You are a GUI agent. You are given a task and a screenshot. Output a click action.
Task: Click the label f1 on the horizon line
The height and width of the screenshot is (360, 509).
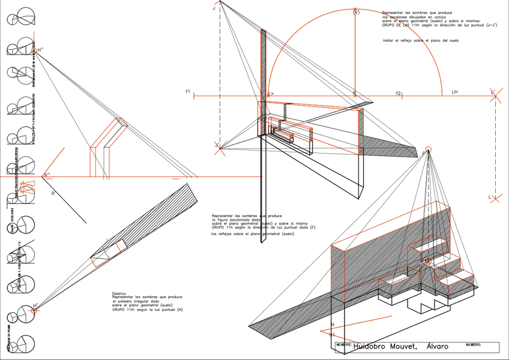pos(188,91)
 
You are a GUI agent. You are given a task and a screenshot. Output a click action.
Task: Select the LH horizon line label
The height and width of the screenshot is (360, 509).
pos(454,92)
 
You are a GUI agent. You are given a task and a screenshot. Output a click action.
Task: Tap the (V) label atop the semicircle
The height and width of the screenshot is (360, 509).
pos(357,12)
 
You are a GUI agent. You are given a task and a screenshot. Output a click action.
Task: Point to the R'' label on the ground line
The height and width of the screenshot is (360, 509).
pos(47,175)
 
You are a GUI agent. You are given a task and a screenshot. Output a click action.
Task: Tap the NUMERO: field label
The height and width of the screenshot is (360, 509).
pos(474,344)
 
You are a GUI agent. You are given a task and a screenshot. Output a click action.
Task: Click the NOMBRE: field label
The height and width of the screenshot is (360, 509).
pos(344,345)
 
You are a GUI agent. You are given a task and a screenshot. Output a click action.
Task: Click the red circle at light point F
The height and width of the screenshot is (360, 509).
pos(428,149)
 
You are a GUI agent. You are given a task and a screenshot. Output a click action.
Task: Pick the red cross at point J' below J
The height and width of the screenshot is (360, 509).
pos(220,146)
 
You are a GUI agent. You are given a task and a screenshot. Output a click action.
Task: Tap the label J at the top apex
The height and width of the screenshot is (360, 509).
pos(214,9)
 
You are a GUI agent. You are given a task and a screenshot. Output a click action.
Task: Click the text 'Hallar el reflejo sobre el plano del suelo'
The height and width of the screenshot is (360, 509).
pos(421,41)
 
